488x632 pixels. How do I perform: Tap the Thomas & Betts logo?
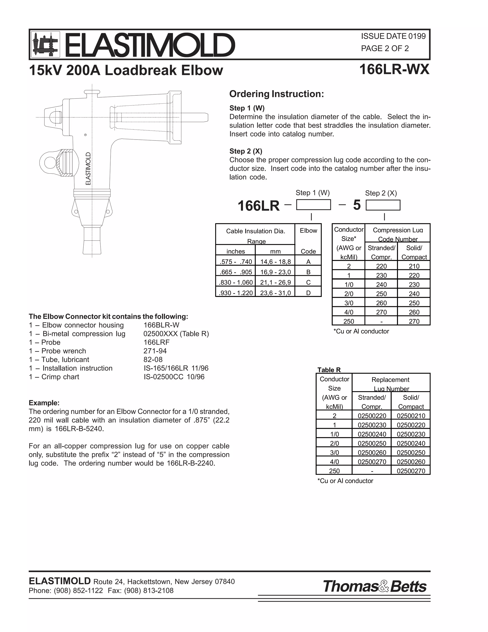375,586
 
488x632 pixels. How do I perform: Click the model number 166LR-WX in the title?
394,69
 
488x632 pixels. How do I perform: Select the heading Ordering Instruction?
276,94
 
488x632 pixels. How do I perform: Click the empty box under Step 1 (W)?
313,205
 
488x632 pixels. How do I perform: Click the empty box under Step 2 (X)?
383,205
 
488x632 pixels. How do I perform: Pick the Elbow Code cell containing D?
308,293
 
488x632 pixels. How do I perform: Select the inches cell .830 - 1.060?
236,282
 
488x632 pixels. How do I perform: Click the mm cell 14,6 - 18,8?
275,262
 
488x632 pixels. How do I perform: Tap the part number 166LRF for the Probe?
156,342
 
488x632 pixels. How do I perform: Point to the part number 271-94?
155,351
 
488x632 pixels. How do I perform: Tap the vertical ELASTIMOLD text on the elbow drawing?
88,168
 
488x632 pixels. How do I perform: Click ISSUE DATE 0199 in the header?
393,36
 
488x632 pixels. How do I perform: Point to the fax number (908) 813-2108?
149,591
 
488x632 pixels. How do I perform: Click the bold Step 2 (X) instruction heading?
246,151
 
